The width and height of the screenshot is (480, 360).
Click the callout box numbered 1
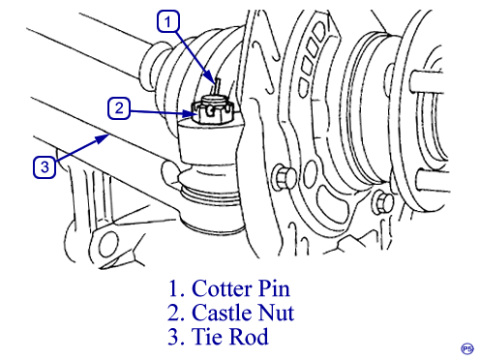click(168, 21)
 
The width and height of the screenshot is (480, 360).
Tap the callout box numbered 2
click(119, 108)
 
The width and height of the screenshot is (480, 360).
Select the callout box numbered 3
click(45, 166)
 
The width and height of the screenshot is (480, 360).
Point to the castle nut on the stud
click(212, 109)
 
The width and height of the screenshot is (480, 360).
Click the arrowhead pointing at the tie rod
click(104, 138)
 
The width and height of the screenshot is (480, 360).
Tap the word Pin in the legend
click(274, 288)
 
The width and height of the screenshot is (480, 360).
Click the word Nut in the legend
click(277, 313)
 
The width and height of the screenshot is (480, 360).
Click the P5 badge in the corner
click(467, 348)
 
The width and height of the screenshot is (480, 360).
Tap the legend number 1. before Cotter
click(176, 288)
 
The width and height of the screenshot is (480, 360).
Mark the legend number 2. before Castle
click(176, 313)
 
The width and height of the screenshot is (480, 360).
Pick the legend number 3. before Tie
click(176, 337)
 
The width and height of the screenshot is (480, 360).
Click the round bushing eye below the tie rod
click(108, 244)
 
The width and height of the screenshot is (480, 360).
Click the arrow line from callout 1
click(195, 56)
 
